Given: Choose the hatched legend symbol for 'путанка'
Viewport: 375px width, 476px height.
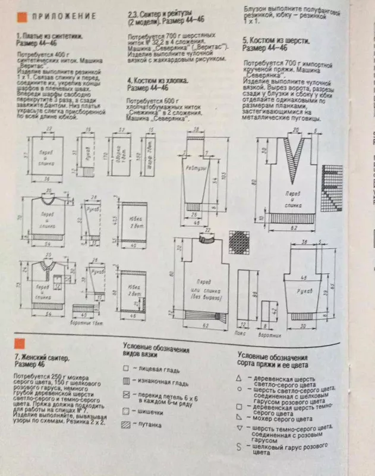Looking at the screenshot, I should coord(126,425).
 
